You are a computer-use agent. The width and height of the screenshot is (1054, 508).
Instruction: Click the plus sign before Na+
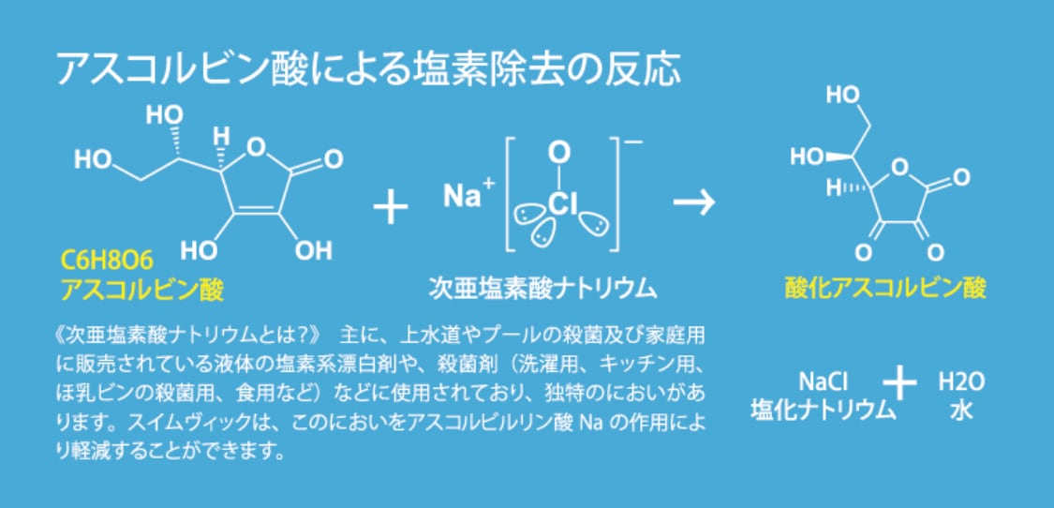pyautogui.click(x=391, y=206)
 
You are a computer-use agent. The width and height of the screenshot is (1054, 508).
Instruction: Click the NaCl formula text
pyautogui.click(x=823, y=382)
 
